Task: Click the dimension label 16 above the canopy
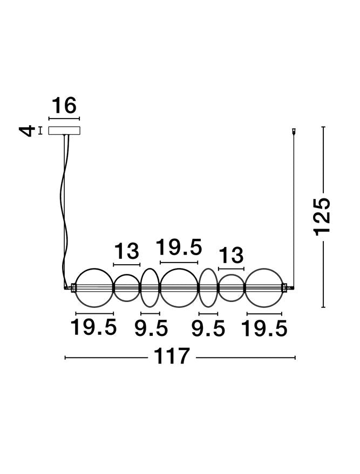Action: click(x=64, y=105)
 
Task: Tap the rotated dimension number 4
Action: click(x=27, y=131)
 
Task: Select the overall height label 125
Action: click(x=322, y=216)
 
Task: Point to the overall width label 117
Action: click(x=172, y=356)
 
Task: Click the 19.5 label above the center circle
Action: click(x=179, y=247)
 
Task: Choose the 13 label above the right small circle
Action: click(x=231, y=255)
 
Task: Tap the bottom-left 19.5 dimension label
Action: click(x=93, y=327)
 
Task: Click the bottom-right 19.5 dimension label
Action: click(x=264, y=328)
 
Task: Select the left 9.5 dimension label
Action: click(x=151, y=328)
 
